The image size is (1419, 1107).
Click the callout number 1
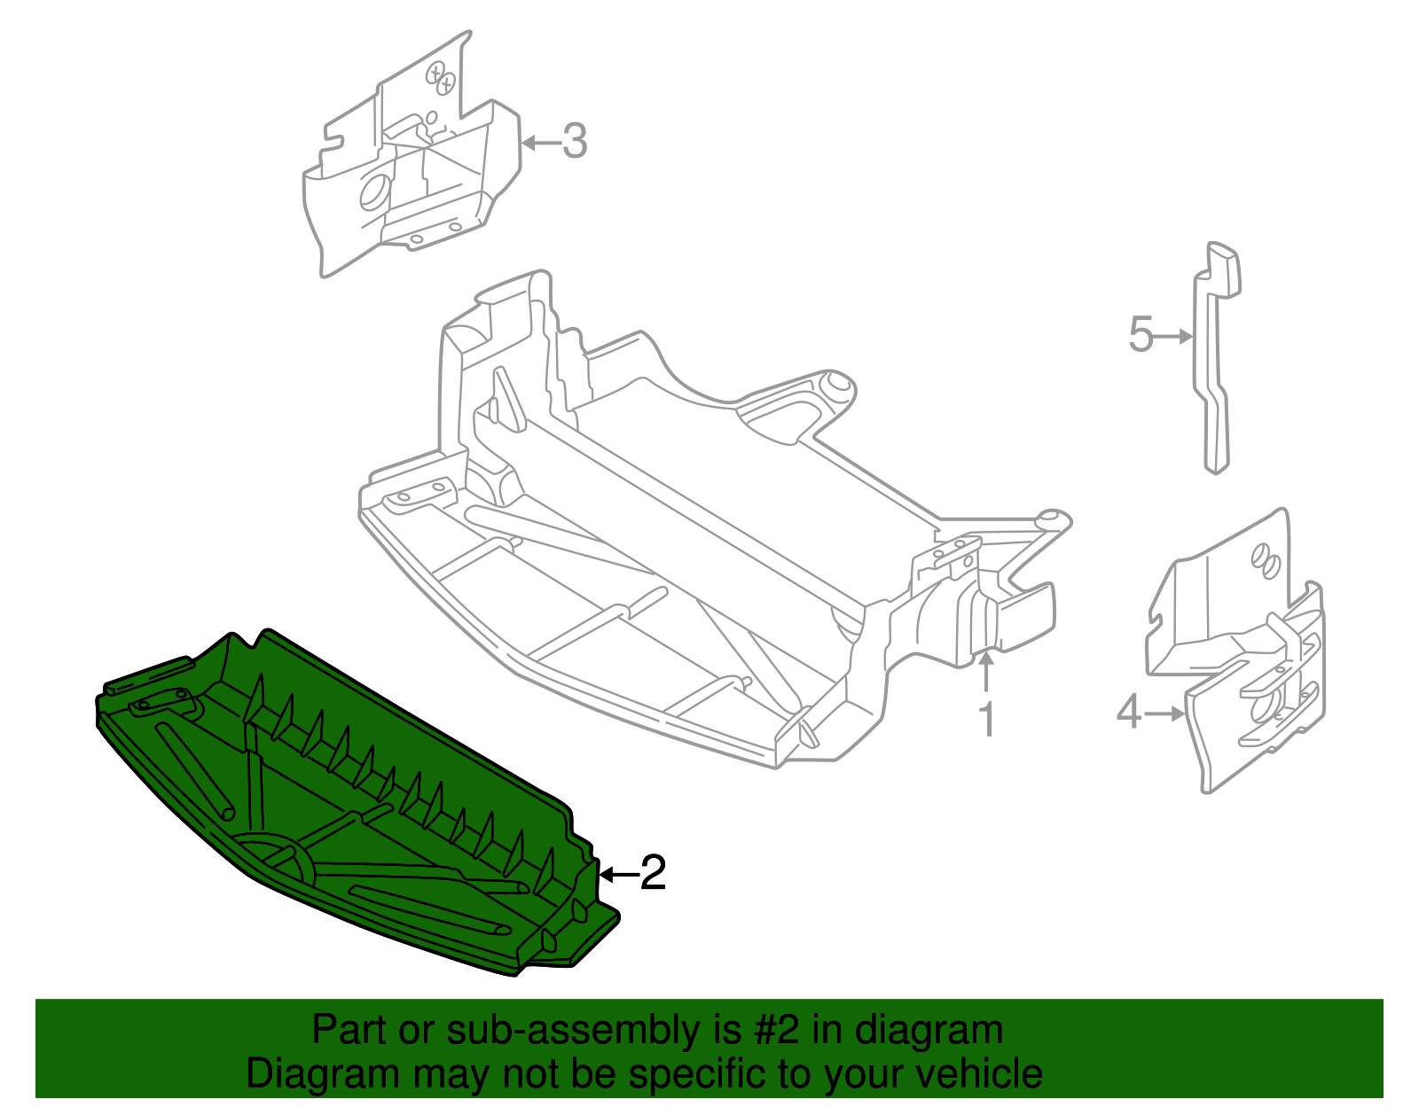986,720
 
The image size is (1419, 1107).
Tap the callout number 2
653,874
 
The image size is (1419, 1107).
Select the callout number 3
575,142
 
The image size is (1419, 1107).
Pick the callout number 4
1128,712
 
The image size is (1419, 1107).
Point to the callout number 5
1141,336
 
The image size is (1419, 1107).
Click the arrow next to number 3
539,142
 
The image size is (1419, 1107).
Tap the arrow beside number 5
1174,336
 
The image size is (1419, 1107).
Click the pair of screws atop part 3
440,77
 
